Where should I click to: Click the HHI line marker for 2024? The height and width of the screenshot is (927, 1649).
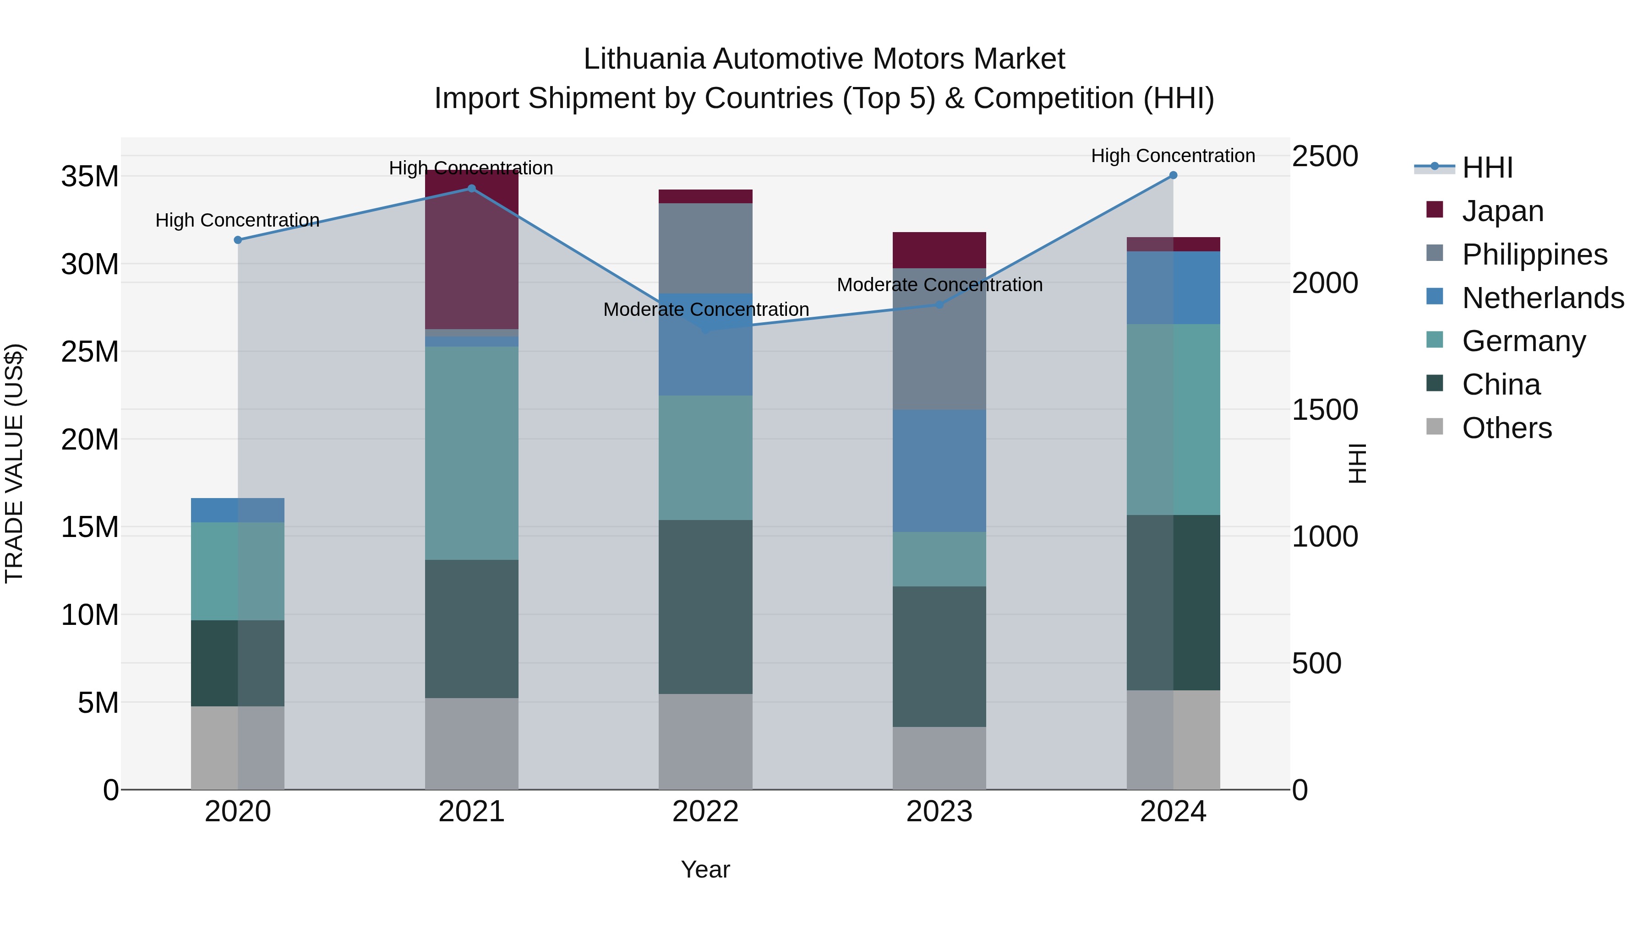[x=1173, y=175]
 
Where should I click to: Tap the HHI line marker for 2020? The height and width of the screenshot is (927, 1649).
[x=237, y=240]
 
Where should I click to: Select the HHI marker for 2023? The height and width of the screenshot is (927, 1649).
[x=939, y=304]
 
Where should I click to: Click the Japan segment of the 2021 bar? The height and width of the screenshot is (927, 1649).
[x=472, y=256]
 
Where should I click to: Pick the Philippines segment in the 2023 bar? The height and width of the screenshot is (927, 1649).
[x=939, y=339]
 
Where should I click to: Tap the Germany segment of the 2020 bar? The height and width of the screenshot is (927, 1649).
[x=237, y=571]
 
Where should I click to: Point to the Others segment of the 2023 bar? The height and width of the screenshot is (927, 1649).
[x=939, y=758]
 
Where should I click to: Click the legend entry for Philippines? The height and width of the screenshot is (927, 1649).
[x=1534, y=255]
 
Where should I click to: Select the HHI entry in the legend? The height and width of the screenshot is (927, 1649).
[x=1487, y=168]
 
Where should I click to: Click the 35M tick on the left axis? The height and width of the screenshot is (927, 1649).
[x=90, y=177]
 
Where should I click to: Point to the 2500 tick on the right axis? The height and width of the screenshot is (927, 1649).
[x=1324, y=156]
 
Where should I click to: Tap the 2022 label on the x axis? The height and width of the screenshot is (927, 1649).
[x=705, y=812]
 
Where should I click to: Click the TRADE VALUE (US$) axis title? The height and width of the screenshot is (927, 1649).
[x=14, y=463]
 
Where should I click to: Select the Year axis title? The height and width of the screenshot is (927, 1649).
[x=705, y=869]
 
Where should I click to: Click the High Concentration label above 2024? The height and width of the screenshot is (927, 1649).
[x=1173, y=156]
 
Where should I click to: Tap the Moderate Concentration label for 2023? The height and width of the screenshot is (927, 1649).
[x=939, y=285]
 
